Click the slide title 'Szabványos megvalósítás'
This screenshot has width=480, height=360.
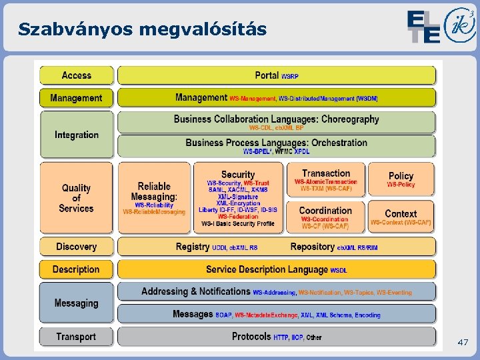tap(143, 30)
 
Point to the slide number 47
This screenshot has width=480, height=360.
tap(463, 343)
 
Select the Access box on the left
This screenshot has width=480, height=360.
tap(76, 75)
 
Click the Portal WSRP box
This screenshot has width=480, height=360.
tap(276, 75)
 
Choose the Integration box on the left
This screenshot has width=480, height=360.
tap(76, 135)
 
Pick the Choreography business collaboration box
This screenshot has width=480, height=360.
tap(276, 122)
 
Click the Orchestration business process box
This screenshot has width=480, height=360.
tap(276, 145)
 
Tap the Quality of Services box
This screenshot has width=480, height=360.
tap(76, 198)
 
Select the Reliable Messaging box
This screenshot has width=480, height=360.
tap(154, 198)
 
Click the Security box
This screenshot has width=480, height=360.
tap(237, 198)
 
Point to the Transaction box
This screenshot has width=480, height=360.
tap(326, 179)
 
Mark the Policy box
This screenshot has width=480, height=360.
tap(401, 179)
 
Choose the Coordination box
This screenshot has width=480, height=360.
tap(326, 217)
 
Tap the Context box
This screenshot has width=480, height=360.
tap(401, 217)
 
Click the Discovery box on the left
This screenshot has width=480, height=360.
tap(76, 247)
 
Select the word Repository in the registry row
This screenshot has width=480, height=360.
tap(313, 247)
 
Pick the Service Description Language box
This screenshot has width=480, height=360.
tap(276, 269)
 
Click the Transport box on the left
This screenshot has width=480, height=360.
tap(76, 337)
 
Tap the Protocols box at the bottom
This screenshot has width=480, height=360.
tap(276, 337)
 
